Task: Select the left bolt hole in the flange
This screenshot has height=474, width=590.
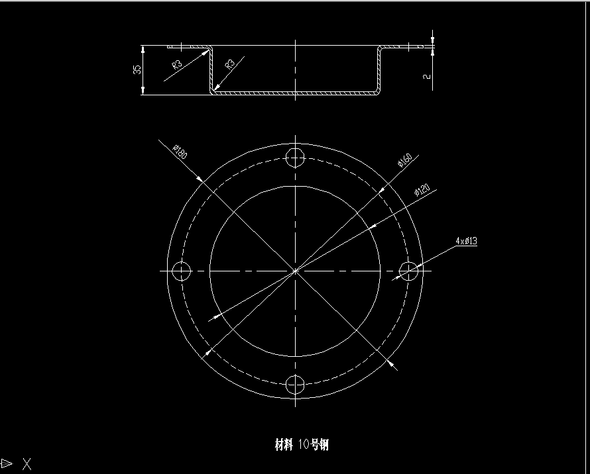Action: point(181,271)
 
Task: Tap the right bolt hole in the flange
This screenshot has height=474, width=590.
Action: point(409,271)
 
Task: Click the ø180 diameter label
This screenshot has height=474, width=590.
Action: point(180,153)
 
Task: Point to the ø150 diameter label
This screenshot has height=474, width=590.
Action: point(404,161)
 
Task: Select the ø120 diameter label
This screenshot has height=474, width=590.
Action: point(422,191)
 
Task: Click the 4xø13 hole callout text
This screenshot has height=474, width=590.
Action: point(466,242)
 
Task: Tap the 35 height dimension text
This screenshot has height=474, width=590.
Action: point(137,70)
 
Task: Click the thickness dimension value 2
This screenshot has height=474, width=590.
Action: point(426,77)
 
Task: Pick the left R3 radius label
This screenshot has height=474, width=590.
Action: point(177,64)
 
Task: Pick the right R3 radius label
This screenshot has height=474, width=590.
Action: point(230,64)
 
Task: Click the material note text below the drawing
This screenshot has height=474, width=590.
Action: point(302,444)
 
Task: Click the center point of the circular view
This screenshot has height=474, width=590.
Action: point(295,271)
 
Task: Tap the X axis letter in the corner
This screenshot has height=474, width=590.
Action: point(27,463)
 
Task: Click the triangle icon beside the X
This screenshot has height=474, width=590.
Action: point(7,463)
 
